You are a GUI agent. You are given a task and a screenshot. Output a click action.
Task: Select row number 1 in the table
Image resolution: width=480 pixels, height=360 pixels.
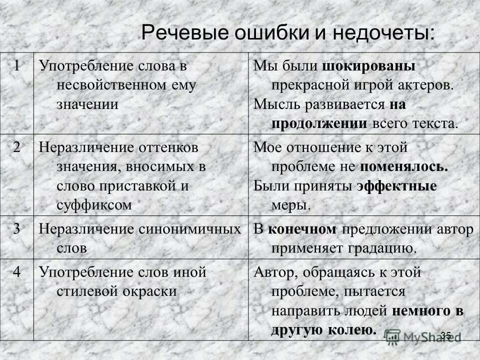(x=17, y=65)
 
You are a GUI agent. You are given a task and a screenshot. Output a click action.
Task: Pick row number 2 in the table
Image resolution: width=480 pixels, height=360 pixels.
(x=17, y=147)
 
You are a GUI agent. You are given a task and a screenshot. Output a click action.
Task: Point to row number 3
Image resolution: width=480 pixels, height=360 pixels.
(x=17, y=229)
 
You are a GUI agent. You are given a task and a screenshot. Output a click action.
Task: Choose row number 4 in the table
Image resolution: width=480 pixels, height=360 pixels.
(x=17, y=272)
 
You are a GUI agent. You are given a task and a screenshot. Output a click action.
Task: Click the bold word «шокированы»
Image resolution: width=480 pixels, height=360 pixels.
(x=369, y=66)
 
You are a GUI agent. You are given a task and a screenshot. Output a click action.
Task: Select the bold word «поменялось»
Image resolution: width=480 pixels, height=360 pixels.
(x=403, y=166)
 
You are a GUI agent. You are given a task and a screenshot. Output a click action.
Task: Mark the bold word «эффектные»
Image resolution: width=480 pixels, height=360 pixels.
(x=397, y=186)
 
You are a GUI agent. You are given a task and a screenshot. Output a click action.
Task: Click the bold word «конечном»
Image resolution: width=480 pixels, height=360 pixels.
(x=302, y=229)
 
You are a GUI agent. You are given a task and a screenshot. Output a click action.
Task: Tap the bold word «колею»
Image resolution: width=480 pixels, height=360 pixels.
(x=353, y=330)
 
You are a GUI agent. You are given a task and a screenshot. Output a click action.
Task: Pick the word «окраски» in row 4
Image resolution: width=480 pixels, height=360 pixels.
(x=153, y=291)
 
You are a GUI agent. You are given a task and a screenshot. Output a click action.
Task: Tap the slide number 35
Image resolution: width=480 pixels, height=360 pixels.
(x=446, y=335)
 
